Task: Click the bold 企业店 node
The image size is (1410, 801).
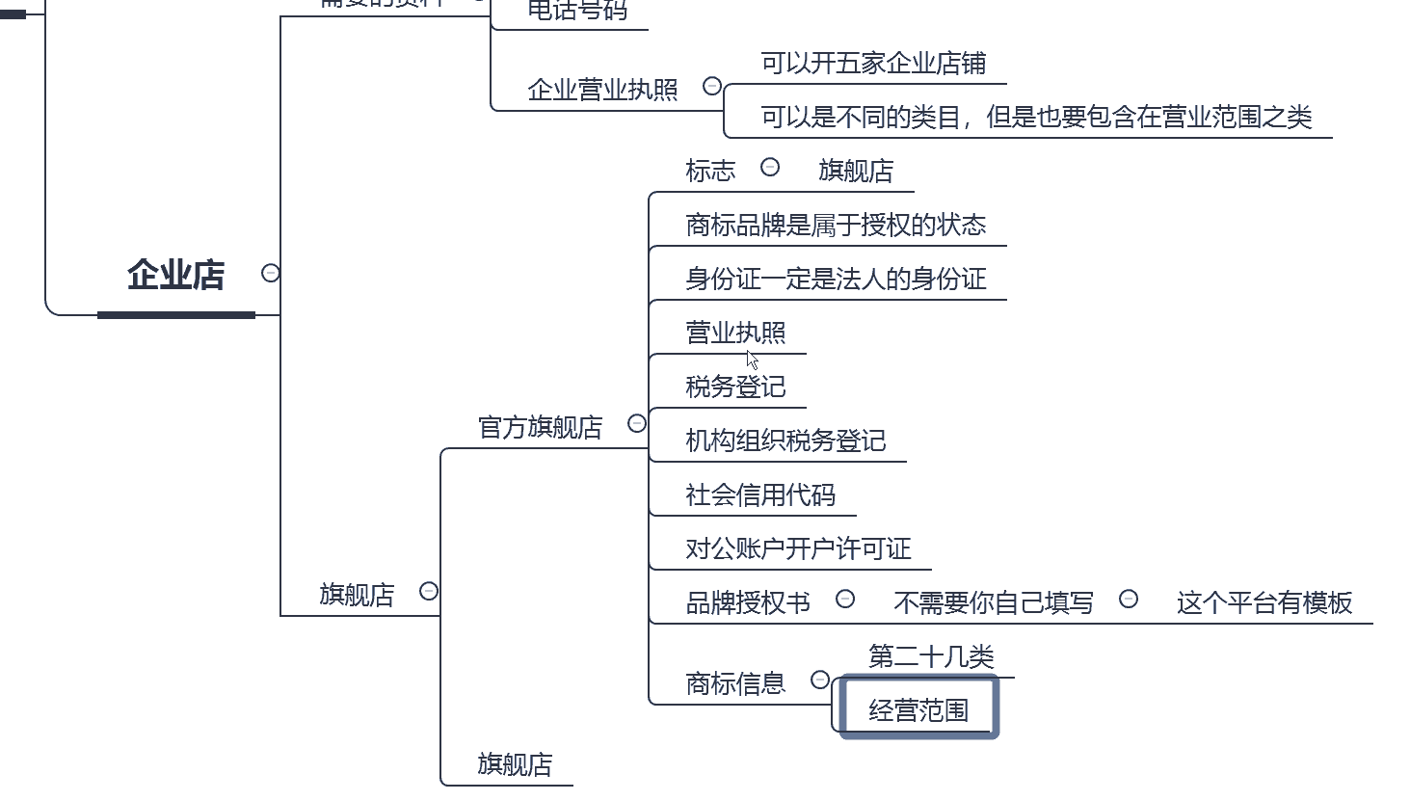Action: pos(175,276)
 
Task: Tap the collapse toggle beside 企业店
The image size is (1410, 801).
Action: pos(271,274)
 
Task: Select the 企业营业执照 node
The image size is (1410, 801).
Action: pos(602,90)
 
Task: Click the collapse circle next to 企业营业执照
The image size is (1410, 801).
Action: pos(712,87)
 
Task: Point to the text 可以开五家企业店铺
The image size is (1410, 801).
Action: pos(873,64)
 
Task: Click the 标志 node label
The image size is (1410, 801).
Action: pos(710,171)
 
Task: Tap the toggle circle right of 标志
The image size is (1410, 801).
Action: pos(770,168)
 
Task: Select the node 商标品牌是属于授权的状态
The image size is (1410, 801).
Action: pos(836,226)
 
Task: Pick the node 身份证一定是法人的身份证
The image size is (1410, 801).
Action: pos(836,280)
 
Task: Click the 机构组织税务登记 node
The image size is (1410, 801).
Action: pos(785,441)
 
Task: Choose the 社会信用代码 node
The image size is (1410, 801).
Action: pos(759,495)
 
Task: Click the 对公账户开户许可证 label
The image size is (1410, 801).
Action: pos(798,549)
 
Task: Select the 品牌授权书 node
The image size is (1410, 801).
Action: pos(748,603)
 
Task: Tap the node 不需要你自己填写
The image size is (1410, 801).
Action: pos(994,603)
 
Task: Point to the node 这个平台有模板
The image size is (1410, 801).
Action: pos(1264,603)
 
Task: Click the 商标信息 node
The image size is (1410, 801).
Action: pos(735,684)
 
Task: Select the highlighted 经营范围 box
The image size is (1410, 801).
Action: pos(918,710)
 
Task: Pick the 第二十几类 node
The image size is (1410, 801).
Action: pos(931,657)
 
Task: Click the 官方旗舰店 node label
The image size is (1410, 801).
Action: pos(540,427)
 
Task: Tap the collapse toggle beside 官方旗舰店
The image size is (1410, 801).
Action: pos(637,423)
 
